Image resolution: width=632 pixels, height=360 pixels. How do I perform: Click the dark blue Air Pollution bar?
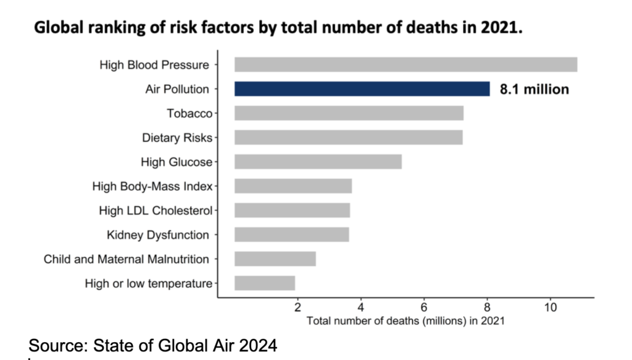coord(362,89)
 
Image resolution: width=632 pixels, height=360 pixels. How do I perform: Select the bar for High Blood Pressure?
coord(405,65)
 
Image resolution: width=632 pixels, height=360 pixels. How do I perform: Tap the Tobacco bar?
coord(349,113)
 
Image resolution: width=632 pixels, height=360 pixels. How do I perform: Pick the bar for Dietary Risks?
coord(348,137)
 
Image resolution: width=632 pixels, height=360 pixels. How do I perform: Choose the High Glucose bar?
coord(318,162)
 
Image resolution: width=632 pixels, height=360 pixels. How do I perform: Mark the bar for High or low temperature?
coord(265,283)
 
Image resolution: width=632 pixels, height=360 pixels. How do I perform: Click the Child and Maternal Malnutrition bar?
coord(275,259)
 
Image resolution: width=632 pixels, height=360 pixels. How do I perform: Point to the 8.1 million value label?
coord(534,90)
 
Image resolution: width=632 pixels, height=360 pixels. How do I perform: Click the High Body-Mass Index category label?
coord(152,186)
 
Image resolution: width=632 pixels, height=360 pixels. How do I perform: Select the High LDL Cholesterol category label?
coord(155,211)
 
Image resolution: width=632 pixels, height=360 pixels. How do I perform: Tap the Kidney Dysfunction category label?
coord(157,235)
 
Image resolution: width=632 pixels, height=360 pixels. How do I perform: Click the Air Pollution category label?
coord(177,90)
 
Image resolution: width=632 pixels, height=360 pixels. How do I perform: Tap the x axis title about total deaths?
coord(405,320)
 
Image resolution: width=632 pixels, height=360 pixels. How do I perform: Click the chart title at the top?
coord(278,28)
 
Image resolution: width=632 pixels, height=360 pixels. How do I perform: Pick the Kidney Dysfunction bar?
coord(291,235)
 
